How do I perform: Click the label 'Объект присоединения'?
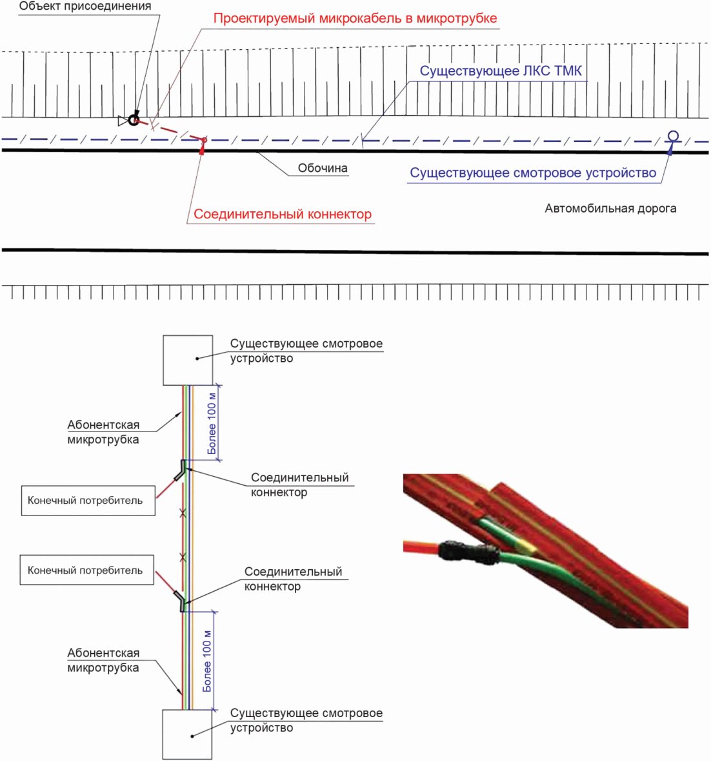pyautogui.click(x=85, y=6)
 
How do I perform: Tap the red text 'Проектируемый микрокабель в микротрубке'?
pyautogui.click(x=355, y=19)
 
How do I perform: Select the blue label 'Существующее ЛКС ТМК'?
pyautogui.click(x=501, y=71)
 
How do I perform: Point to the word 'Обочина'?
pyautogui.click(x=323, y=168)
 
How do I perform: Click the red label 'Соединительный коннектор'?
pyautogui.click(x=283, y=214)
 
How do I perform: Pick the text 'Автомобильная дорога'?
pyautogui.click(x=610, y=208)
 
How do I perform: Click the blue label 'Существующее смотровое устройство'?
pyautogui.click(x=533, y=172)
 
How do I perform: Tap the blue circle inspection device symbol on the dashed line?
pyautogui.click(x=673, y=136)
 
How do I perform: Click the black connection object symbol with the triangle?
pyautogui.click(x=130, y=119)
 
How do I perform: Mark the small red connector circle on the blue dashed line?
pyautogui.click(x=204, y=140)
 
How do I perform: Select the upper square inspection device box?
pyautogui.click(x=188, y=360)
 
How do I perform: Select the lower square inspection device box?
pyautogui.click(x=187, y=735)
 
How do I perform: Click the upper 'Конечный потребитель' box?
pyautogui.click(x=88, y=501)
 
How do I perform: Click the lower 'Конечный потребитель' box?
pyautogui.click(x=86, y=570)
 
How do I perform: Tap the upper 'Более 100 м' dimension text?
pyautogui.click(x=212, y=422)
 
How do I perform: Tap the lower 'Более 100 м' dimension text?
pyautogui.click(x=207, y=661)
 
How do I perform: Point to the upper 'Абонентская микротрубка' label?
pyautogui.click(x=103, y=432)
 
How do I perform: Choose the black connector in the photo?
pyautogui.click(x=468, y=552)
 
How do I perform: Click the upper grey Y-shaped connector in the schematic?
pyautogui.click(x=181, y=470)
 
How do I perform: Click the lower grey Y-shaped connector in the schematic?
pyautogui.click(x=180, y=601)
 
